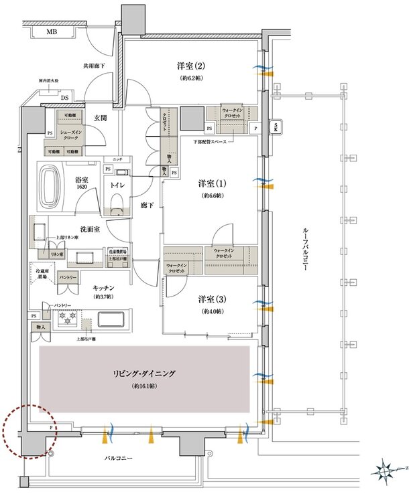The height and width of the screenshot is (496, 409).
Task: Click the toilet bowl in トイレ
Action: [117, 202]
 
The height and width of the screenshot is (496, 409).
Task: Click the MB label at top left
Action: [51, 32]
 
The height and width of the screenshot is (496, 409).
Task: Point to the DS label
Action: [64, 98]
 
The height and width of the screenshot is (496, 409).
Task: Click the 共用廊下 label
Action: [95, 66]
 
